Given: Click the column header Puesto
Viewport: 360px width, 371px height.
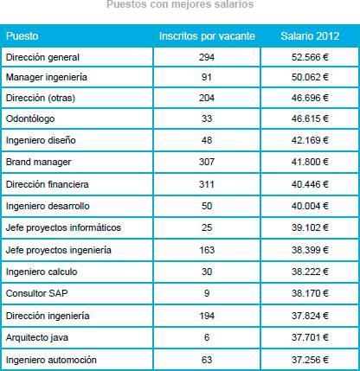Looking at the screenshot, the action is coord(22,36).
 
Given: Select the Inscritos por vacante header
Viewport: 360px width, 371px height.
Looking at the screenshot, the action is coord(207,36).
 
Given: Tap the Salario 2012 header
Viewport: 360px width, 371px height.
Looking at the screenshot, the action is coord(310,36).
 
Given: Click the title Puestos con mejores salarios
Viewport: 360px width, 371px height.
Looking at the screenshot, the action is coord(180,4).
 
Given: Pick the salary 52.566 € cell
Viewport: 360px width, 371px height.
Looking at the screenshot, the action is coord(310,57).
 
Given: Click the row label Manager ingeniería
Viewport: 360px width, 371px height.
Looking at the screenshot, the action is coord(47,77).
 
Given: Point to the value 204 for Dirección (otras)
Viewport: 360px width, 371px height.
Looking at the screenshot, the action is coord(207,98).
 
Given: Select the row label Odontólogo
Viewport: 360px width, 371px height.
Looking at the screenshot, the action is coord(30,118).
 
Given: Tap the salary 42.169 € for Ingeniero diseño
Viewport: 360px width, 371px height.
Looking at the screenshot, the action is coord(310,140).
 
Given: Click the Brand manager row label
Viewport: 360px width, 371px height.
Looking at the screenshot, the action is coord(38,162).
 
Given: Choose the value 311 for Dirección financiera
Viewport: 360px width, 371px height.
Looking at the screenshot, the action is coord(207,184).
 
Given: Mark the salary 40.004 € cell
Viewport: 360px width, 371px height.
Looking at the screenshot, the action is coord(310,206).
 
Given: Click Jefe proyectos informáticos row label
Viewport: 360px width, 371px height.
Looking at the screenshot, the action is coord(63,227).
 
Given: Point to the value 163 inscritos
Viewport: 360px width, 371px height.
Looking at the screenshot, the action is coord(207,250).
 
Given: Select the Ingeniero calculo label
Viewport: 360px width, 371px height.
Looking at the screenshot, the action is coord(42,272).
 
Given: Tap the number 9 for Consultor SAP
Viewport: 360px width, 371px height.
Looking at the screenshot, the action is coord(207,293).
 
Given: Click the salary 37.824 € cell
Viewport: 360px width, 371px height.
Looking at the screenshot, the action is coord(310,316).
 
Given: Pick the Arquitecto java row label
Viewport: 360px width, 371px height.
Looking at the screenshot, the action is coord(37,337).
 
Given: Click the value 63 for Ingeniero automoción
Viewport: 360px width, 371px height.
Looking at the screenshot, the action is coord(207,360).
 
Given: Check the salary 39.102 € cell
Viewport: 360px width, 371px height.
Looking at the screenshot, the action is coord(310,227).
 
